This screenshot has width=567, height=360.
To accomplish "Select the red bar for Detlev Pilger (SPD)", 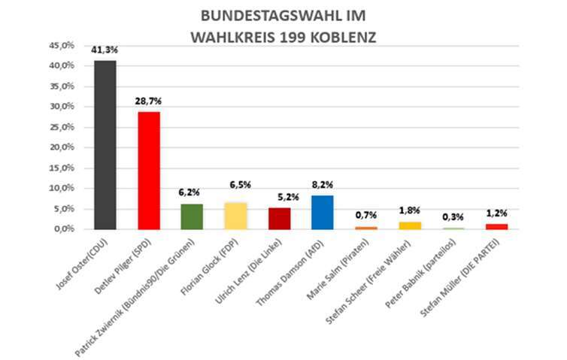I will [149, 170].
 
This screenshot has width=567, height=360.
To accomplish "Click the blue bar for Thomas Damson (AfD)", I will [322, 212].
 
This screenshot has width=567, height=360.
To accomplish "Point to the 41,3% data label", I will [105, 50].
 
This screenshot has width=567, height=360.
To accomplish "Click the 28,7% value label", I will [149, 101].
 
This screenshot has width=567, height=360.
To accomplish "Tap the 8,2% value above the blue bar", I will [322, 184].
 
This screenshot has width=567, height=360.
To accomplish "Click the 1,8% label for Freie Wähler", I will [409, 210].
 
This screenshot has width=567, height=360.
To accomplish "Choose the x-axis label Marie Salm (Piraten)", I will [338, 267].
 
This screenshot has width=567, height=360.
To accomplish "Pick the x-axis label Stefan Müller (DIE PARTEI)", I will [462, 274].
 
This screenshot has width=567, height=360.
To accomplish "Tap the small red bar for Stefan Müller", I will [496, 225].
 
